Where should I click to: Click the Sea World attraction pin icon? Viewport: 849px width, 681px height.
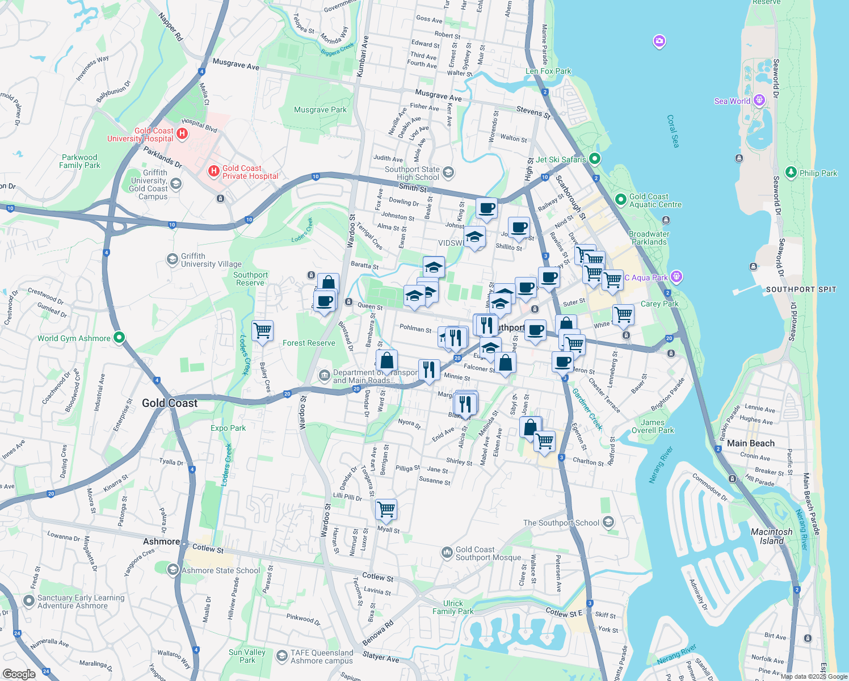759,100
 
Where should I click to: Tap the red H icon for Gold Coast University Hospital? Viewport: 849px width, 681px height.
182,134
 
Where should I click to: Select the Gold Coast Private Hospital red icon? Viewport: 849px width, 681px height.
213,170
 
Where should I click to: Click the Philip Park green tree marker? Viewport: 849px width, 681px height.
791,172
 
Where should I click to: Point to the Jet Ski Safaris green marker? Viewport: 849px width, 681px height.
594,158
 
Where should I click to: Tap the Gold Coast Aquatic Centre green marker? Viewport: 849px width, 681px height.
620,200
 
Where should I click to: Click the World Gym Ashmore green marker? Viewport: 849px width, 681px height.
119,338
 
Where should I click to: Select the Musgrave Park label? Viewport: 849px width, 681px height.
320,110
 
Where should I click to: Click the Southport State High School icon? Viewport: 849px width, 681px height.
448,172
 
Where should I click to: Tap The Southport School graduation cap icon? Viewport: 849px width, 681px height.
608,522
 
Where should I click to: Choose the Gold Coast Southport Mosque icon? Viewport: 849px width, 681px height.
447,552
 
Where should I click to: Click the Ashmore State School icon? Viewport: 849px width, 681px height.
173,569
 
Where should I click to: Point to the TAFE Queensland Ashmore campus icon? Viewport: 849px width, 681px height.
281,655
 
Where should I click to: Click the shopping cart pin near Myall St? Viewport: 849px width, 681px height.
386,509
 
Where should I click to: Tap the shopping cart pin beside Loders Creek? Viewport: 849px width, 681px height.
262,330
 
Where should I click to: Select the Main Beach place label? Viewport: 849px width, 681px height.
750,443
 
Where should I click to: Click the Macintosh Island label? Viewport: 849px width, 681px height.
771,536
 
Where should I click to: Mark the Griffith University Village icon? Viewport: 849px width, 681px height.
172,259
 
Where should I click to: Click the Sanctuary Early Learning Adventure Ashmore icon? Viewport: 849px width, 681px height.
28,600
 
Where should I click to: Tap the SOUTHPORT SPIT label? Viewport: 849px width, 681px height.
801,289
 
